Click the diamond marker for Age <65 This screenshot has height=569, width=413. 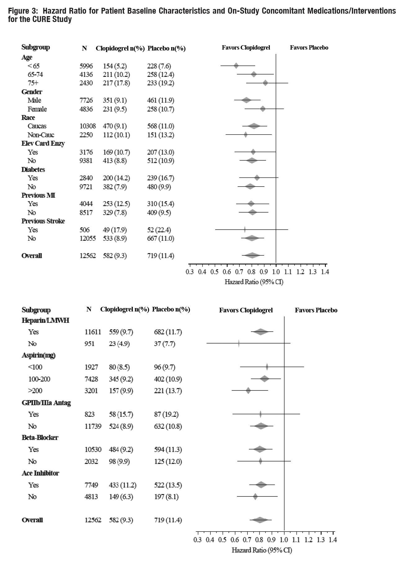[236, 66]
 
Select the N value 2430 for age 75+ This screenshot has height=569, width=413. [86, 83]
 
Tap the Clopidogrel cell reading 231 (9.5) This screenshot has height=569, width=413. [115, 109]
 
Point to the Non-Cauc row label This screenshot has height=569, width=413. [41, 135]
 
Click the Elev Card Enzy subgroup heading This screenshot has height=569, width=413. [43, 143]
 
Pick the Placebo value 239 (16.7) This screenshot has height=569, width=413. [160, 178]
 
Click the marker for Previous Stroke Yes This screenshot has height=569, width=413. [245, 230]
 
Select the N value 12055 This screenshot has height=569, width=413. [87, 238]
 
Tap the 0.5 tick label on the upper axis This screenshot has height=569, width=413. [214, 272]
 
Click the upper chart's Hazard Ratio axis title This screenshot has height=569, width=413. [254, 282]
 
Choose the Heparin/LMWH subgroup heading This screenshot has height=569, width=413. [45, 320]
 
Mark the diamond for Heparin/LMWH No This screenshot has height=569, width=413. [239, 343]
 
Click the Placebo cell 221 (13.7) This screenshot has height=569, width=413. [168, 391]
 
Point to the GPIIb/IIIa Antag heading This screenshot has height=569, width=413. [46, 403]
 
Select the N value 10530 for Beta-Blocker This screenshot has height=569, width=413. [93, 449]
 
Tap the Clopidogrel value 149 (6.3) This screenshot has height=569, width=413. [121, 497]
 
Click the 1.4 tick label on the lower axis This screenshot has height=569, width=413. [333, 540]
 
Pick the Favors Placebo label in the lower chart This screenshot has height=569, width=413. [316, 310]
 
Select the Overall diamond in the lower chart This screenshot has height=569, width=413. [260, 520]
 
